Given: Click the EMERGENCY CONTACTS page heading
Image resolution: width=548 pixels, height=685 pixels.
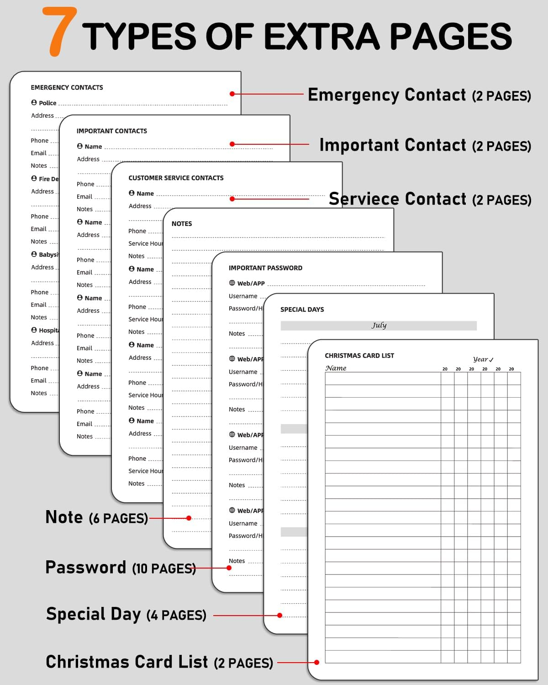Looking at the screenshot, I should tap(67, 87).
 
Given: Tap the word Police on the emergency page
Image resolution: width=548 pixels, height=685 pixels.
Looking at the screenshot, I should tap(47, 103).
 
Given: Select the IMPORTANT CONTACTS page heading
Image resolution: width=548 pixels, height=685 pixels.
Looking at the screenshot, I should tap(111, 131).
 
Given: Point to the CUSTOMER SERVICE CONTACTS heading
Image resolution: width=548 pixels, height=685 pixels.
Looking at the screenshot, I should tap(176, 178).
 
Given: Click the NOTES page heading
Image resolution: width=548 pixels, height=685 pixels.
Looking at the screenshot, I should tap(182, 224).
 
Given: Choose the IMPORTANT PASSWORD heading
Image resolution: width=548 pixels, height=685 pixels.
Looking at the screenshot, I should tap(265, 268).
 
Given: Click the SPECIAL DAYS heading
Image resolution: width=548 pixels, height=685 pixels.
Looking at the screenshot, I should tap(302, 310).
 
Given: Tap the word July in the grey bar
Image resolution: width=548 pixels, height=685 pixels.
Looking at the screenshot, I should tap(379, 325).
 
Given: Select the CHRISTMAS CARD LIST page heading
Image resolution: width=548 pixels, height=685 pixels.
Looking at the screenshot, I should tap(359, 356).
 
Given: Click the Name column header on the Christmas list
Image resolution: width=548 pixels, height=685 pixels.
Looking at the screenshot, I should tap(336, 368).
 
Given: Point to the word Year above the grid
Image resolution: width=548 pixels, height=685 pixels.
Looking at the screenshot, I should tap(480, 359).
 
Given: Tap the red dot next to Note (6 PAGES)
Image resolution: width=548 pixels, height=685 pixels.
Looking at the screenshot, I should tap(189, 518).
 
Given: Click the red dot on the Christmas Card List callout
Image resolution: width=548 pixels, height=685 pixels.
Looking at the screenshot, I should tap(316, 662).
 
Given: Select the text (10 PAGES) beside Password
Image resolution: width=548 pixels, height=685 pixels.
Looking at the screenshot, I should tap(164, 569).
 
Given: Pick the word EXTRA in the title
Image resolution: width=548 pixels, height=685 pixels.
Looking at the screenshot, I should tap(321, 37).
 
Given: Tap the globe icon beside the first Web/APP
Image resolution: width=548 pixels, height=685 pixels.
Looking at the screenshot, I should tap(232, 283).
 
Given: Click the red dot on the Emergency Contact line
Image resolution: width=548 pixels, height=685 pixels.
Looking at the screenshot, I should tap(232, 94).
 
